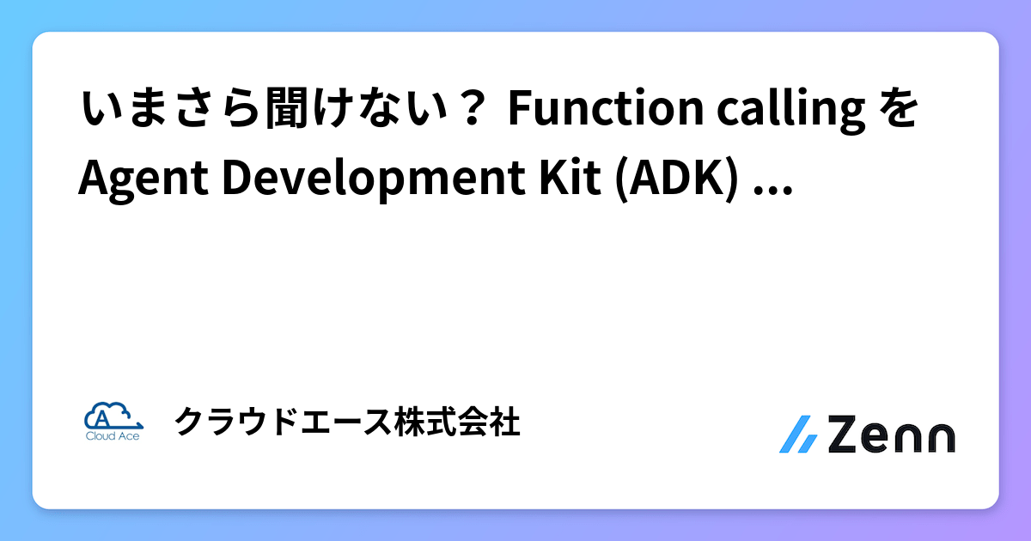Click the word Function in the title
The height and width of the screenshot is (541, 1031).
[606, 108]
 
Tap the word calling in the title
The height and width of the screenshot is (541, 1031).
[790, 111]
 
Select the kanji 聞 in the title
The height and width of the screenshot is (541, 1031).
[287, 108]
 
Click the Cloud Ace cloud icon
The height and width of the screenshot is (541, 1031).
[113, 416]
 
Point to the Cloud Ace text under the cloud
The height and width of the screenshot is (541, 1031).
[113, 436]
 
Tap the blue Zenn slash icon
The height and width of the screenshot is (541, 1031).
[798, 435]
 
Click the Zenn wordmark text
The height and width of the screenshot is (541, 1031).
[892, 435]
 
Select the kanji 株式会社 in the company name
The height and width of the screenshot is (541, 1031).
[457, 422]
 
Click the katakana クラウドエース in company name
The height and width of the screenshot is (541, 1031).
[284, 422]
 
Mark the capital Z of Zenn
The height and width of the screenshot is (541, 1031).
[845, 435]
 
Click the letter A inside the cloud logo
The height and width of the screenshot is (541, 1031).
[102, 418]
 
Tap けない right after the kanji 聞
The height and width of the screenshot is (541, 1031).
[380, 108]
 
